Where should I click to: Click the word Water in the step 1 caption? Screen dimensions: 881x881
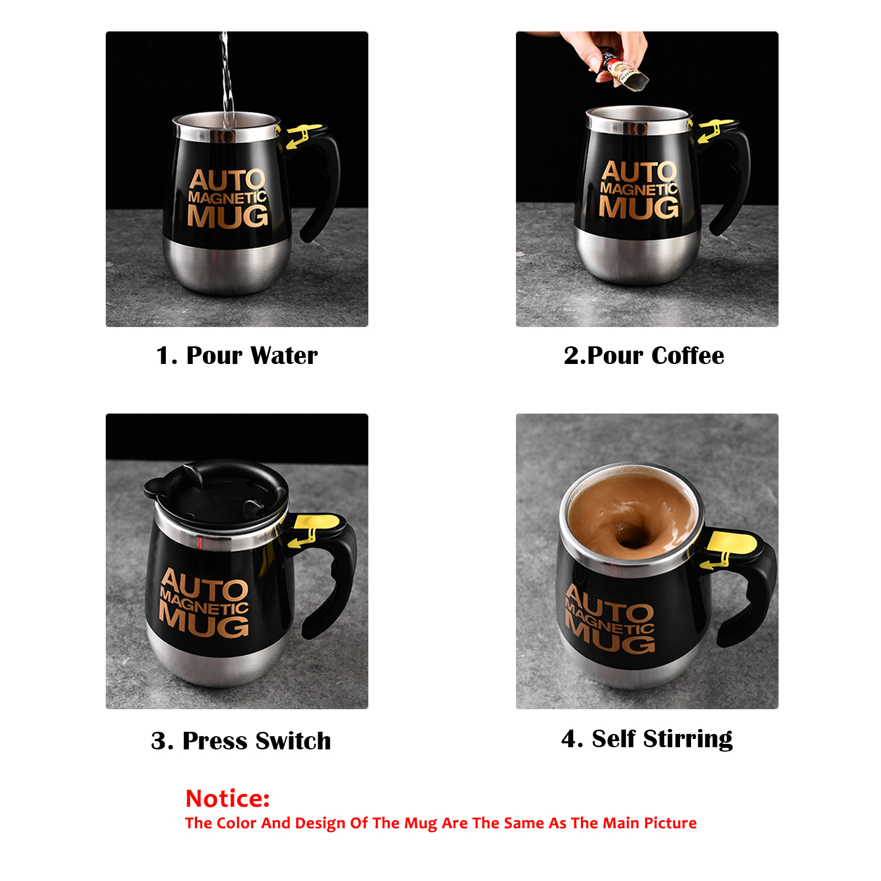(284, 355)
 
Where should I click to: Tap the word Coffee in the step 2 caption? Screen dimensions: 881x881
(688, 355)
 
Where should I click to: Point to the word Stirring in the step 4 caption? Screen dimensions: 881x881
(688, 739)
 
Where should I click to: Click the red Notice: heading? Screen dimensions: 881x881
(227, 798)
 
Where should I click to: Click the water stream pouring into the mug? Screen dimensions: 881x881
(226, 77)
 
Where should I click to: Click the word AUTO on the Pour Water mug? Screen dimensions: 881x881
(227, 180)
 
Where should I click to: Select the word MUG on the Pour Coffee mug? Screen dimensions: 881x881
(639, 207)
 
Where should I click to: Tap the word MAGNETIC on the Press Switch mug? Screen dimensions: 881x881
(204, 602)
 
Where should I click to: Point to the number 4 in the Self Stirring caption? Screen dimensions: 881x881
(570, 739)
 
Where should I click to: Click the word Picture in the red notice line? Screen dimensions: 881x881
(670, 823)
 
